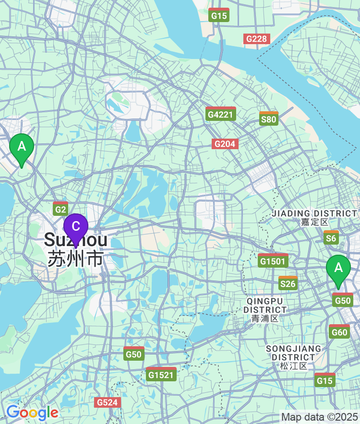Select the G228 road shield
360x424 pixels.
point(257,39)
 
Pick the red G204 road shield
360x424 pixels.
point(225,143)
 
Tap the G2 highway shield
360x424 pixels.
point(60,209)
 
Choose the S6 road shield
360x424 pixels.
point(331,237)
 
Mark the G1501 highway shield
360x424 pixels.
point(273,260)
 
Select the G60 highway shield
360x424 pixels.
point(339,331)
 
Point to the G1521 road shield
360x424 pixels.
point(161,374)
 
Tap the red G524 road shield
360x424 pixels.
point(107,402)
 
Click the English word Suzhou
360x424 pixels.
point(75,240)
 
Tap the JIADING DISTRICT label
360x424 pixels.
point(314,213)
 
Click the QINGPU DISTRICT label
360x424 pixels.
point(266,305)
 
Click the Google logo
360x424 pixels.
point(32,412)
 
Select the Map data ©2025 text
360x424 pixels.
point(319,417)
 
